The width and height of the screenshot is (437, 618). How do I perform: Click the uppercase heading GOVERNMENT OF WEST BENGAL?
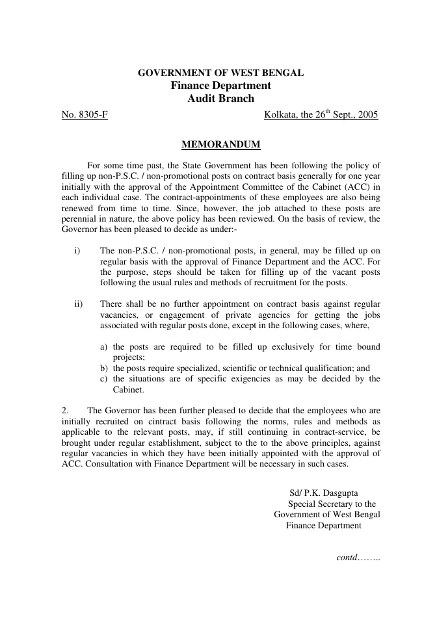pyautogui.click(x=220, y=73)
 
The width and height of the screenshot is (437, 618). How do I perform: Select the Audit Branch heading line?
pyautogui.click(x=220, y=99)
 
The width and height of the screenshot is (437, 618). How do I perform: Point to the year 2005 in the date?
pyautogui.click(x=367, y=115)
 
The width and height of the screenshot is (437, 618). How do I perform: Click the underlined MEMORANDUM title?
pyautogui.click(x=220, y=143)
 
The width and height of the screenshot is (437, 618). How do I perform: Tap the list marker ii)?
pyautogui.click(x=80, y=303)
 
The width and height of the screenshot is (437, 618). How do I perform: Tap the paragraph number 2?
pyautogui.click(x=65, y=410)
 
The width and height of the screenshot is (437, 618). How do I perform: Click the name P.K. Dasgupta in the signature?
pyautogui.click(x=330, y=493)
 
